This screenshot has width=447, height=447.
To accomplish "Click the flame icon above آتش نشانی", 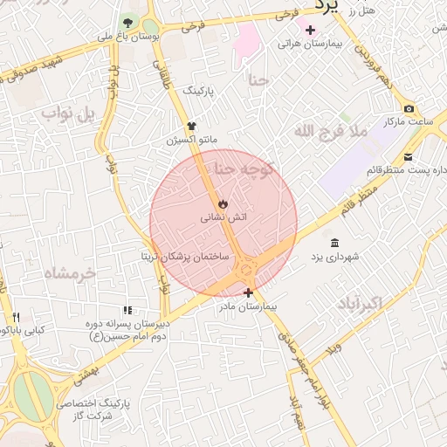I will (x=223, y=203).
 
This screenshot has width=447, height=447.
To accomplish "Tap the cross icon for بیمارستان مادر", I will (x=249, y=292).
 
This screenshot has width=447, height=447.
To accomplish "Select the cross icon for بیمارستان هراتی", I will (x=310, y=30).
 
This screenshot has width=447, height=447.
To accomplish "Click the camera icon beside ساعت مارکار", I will (x=409, y=108).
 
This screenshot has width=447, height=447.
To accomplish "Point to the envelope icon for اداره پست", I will (x=409, y=158).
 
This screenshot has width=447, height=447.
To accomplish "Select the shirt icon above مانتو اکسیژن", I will (x=191, y=126).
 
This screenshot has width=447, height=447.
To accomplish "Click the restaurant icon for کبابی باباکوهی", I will (x=15, y=317).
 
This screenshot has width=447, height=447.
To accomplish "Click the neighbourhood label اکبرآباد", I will (x=358, y=303).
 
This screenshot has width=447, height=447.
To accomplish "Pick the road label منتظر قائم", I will (x=361, y=198).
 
